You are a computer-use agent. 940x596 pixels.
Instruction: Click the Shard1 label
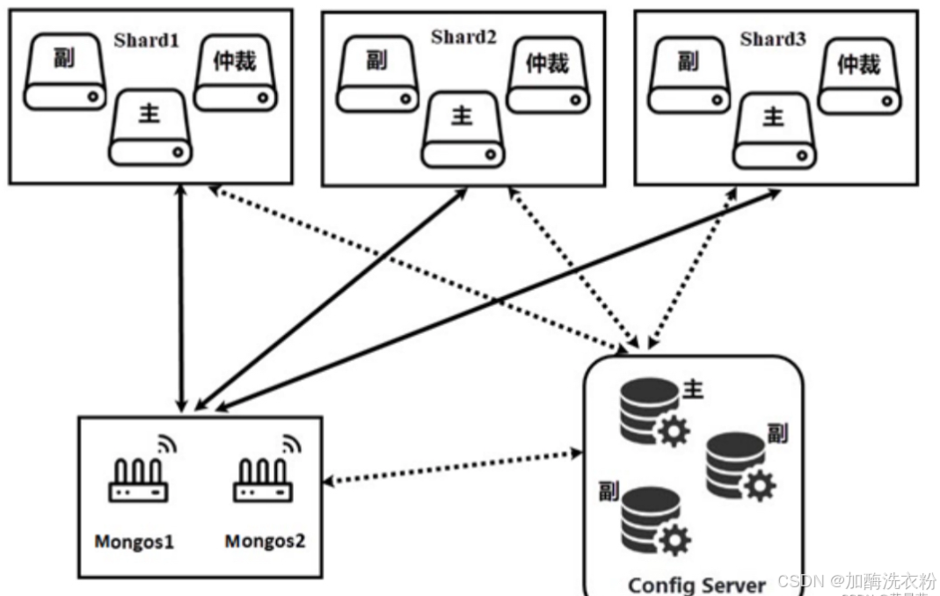(x=147, y=40)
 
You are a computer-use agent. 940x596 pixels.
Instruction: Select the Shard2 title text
(x=463, y=37)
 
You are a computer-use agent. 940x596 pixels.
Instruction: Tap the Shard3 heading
(x=773, y=39)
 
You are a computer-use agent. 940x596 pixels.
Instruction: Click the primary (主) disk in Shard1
(x=151, y=127)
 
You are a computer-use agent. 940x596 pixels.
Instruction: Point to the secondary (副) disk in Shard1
(x=64, y=73)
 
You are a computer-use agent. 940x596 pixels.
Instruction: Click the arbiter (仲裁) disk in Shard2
(x=548, y=75)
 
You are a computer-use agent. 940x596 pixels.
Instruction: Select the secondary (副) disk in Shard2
(x=378, y=75)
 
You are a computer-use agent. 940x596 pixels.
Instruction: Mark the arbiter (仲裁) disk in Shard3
(x=859, y=75)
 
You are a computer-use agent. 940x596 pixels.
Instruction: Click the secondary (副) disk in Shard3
(x=689, y=75)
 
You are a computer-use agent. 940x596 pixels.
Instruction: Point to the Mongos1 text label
(x=135, y=541)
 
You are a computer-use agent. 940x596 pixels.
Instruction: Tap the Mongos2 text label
(x=265, y=541)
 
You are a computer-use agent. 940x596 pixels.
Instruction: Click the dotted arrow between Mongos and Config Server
(x=453, y=468)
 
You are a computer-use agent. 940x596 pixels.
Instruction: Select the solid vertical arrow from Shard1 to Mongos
(x=182, y=299)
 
